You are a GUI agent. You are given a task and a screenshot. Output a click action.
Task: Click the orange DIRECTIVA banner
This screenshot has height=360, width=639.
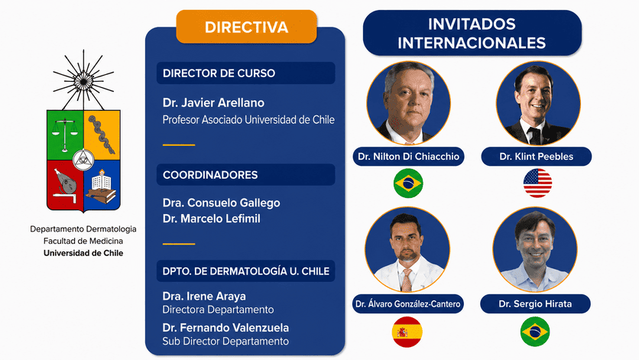point(246,27)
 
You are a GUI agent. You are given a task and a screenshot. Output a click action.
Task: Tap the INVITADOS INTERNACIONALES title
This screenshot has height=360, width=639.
point(472,34)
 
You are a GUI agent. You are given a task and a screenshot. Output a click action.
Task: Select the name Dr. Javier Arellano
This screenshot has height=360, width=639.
point(213,102)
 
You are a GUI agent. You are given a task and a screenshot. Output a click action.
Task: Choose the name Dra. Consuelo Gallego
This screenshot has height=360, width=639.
point(222,203)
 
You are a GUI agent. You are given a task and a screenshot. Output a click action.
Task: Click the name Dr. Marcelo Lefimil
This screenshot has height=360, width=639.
point(212,219)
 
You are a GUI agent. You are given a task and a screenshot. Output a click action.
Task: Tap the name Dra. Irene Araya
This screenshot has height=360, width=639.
point(204,297)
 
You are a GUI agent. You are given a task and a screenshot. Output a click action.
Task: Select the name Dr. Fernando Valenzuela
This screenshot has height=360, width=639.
point(225,328)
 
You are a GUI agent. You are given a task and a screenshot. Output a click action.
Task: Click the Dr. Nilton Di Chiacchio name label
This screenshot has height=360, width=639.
point(408,157)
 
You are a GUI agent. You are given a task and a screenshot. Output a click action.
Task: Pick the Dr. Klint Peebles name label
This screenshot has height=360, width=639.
point(537,157)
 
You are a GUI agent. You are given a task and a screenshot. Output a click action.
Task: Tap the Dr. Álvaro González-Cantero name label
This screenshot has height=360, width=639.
point(408,303)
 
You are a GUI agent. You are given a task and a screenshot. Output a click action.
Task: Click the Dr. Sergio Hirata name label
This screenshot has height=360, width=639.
point(535,303)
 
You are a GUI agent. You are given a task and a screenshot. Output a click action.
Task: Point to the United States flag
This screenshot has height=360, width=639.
point(537,183)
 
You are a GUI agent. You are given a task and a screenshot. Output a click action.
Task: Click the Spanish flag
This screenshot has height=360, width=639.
point(407,332)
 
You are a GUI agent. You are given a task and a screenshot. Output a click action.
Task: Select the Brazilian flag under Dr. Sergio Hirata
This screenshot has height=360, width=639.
point(535,332)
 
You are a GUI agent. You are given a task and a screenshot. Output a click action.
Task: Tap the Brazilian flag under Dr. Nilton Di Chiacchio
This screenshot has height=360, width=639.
point(408,183)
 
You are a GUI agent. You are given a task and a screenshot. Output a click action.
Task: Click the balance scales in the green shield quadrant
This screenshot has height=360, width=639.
point(65,135)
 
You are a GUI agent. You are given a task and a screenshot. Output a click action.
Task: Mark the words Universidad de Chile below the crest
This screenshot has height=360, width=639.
point(83,253)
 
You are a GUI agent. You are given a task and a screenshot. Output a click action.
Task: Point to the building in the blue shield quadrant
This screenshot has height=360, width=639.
point(102,179)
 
